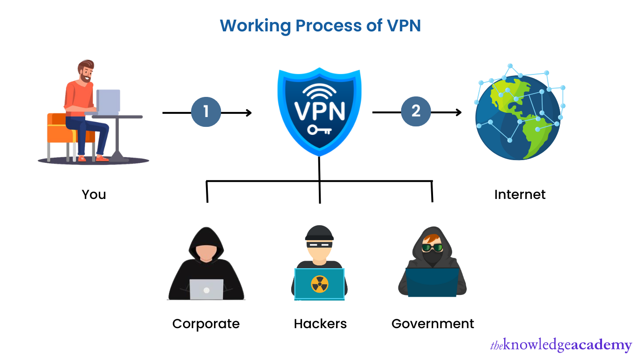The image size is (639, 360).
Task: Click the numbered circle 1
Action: (206, 112)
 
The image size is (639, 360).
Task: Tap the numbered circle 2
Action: (416, 112)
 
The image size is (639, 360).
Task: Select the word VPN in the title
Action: (404, 26)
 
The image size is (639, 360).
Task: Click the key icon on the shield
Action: (319, 130)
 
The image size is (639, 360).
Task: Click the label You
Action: (94, 194)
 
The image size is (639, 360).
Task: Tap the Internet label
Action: (520, 194)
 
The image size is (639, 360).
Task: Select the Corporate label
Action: (206, 323)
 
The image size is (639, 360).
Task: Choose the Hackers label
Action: (320, 323)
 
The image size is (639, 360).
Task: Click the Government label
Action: (433, 323)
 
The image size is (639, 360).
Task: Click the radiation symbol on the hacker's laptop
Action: (320, 284)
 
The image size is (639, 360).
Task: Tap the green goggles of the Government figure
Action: (432, 248)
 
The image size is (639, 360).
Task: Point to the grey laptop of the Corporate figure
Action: (206, 289)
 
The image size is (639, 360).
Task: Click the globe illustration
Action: (517, 117)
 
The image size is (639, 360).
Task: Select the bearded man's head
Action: (86, 71)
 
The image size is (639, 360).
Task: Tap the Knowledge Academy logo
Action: (561, 345)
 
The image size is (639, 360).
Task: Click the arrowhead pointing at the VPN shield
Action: (249, 113)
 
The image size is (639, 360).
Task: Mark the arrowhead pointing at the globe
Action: (458, 112)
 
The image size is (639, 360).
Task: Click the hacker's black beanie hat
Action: (319, 233)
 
